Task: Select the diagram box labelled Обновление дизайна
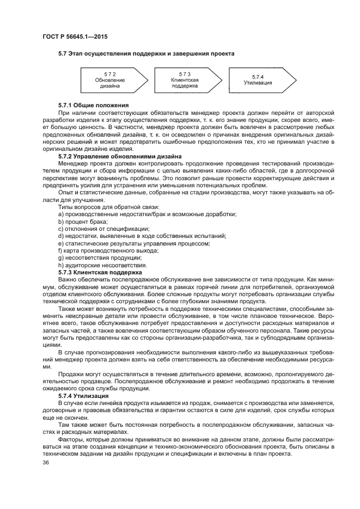[x=109, y=79]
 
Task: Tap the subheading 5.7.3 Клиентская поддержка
[x=100, y=272]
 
